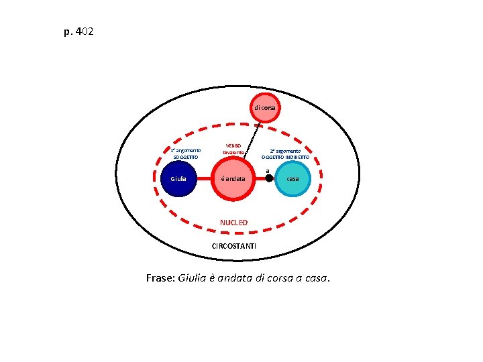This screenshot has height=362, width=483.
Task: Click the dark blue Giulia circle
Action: coord(178,179)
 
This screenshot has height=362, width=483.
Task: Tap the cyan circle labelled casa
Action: coord(292,179)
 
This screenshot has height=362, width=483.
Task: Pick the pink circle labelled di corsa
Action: coord(266,108)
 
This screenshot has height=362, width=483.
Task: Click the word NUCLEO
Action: coord(234,223)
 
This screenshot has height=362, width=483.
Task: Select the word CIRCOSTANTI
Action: coord(233,247)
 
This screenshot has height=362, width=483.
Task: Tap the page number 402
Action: coord(85,31)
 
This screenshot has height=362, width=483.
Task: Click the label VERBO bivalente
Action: coord(233,149)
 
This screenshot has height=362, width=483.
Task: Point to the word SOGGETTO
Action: coord(185,157)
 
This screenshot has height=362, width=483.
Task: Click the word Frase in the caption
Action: coord(160,279)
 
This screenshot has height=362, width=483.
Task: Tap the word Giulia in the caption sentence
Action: coord(193,279)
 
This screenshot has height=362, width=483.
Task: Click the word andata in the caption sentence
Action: coord(237,279)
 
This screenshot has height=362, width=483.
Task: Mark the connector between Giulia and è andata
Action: coord(203,179)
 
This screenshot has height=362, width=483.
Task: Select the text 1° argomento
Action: coord(185,150)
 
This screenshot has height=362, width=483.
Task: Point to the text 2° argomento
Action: coord(285,151)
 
